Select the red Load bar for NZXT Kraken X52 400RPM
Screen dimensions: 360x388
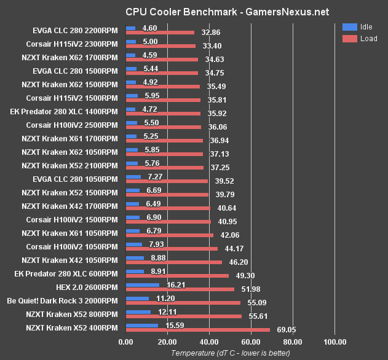197,330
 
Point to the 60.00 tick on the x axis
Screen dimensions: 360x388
251,343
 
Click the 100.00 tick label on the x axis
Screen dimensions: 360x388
335,343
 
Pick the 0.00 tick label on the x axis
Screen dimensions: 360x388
125,343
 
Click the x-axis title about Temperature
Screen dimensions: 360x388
230,353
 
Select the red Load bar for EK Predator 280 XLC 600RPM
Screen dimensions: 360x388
176,276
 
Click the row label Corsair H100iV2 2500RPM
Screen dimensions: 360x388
72,125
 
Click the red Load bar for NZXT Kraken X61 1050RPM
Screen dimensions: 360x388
169,235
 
